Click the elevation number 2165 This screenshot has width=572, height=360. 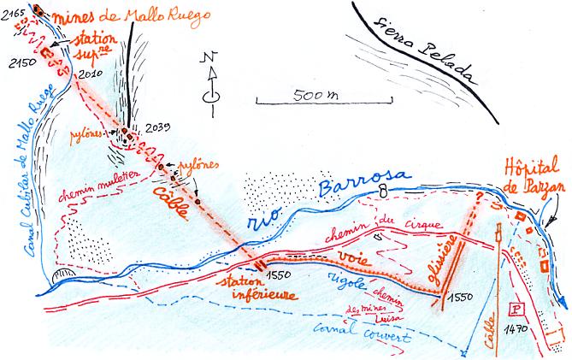(14, 8)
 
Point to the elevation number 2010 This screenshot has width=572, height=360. (90, 76)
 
